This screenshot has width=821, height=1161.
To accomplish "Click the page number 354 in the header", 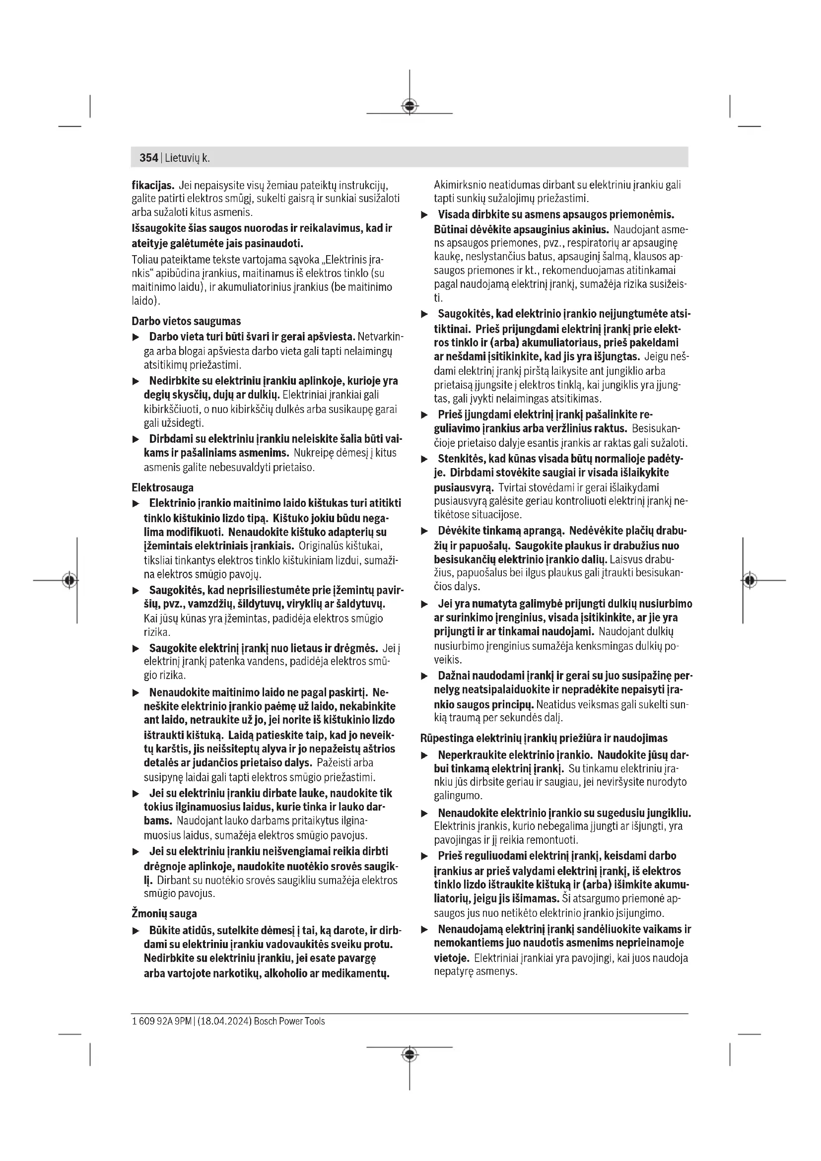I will (148, 158).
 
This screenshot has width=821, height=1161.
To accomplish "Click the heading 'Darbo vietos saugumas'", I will (186, 322).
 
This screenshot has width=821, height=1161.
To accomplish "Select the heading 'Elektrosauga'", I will (162, 488).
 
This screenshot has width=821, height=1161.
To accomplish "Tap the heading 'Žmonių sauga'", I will (164, 914).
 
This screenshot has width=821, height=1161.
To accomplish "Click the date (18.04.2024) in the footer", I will (224, 1022).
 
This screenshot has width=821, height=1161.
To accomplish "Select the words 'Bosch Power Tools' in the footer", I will (289, 1022).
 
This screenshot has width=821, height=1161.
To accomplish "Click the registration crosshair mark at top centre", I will (410, 106).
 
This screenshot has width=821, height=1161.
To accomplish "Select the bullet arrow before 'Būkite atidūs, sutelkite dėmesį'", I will (136, 931).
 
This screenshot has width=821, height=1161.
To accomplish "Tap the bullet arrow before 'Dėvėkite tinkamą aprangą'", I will (425, 532).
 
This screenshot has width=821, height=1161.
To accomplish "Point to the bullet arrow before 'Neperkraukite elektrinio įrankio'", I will (425, 755).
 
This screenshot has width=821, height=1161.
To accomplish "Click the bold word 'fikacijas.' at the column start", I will (153, 185).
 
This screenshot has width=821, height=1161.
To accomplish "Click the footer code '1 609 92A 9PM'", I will (161, 1022).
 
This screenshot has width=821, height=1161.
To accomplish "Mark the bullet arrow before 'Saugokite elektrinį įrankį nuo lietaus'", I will (136, 649).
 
